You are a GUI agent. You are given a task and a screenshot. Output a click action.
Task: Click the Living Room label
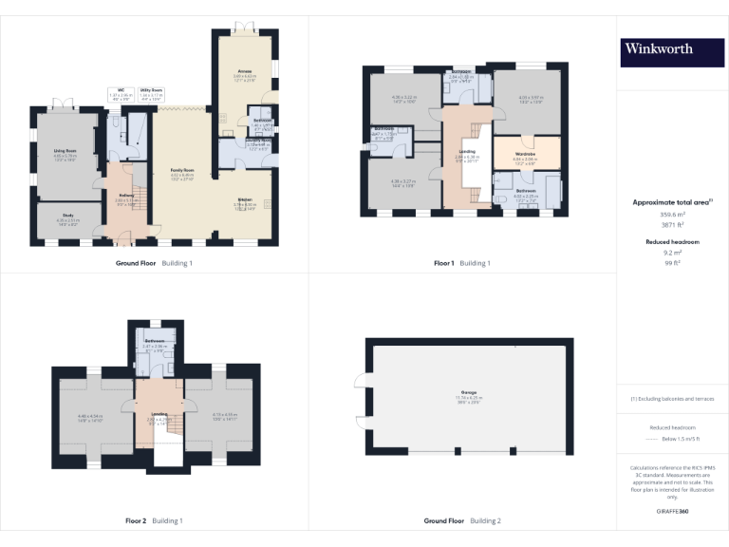click(x=65, y=150)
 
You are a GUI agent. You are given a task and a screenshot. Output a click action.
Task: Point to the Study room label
click(x=68, y=216)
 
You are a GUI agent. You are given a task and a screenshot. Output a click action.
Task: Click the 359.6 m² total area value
click(x=671, y=215)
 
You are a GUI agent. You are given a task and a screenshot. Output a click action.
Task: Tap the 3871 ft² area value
click(x=671, y=225)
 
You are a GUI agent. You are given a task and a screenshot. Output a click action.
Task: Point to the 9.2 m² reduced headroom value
click(x=671, y=253)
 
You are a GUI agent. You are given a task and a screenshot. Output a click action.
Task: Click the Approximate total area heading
click(x=671, y=202)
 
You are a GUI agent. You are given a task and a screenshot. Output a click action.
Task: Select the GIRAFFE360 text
click(x=671, y=512)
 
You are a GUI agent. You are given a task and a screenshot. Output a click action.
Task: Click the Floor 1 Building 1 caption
click(x=462, y=263)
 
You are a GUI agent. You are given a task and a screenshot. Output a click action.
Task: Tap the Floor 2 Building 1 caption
click(x=154, y=521)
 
